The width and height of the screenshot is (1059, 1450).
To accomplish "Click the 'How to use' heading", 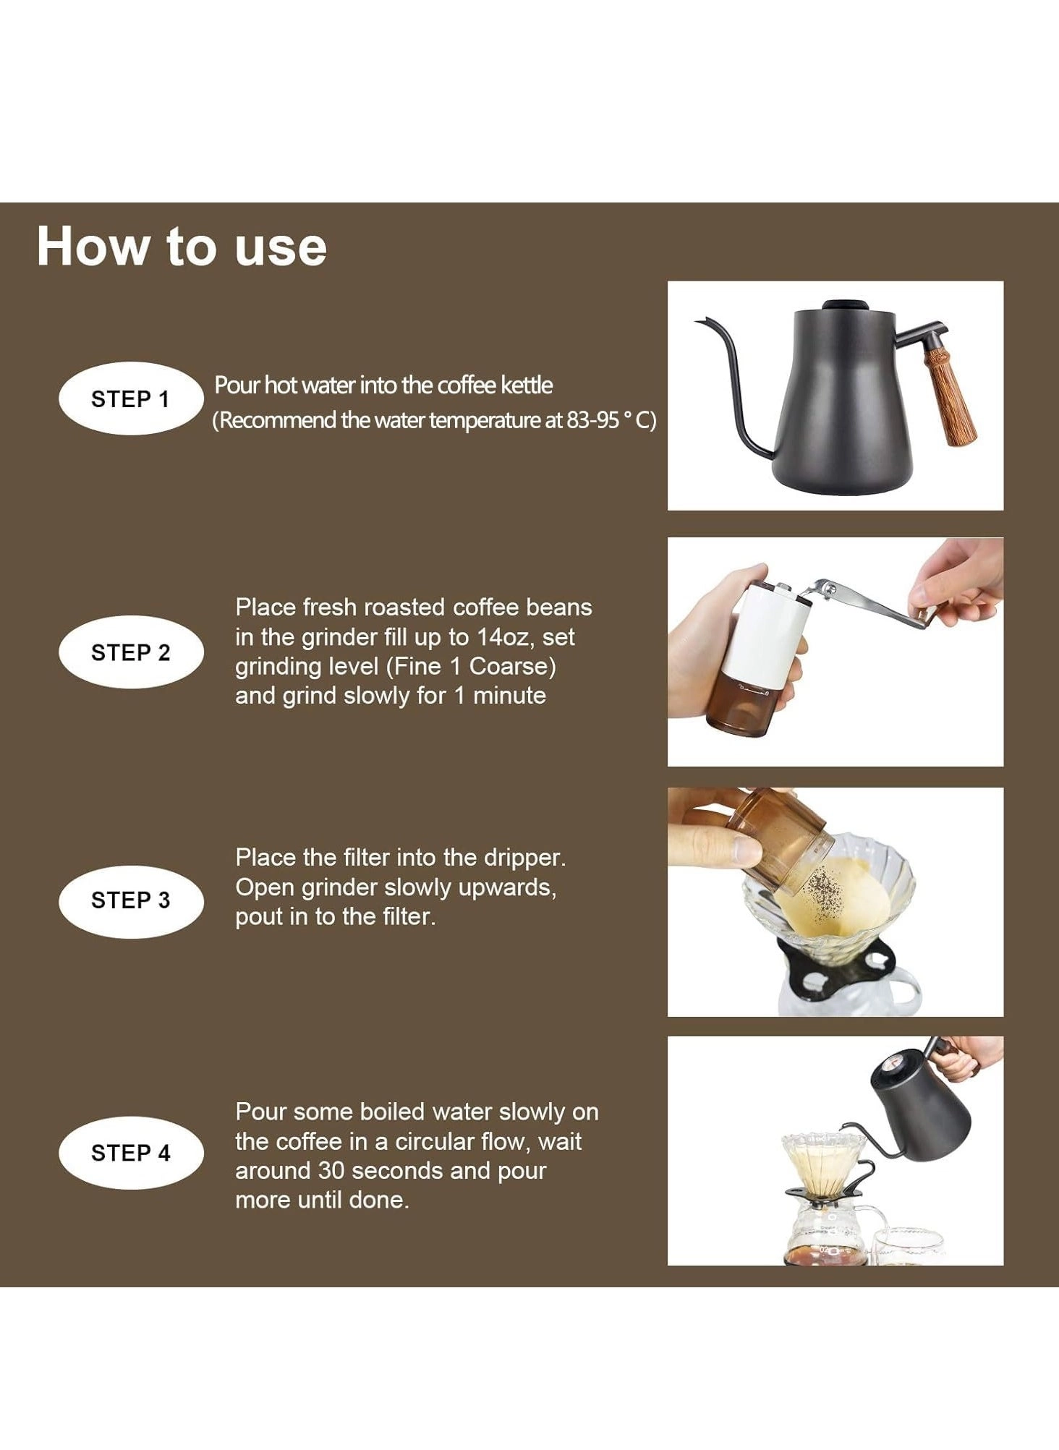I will click(x=181, y=247).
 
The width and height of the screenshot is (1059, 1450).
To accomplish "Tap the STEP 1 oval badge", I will click(x=130, y=398).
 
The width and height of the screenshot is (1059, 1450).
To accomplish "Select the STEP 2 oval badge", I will click(x=130, y=652).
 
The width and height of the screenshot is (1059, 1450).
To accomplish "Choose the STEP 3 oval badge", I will click(x=130, y=900).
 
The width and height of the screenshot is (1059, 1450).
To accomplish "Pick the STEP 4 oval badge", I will click(x=130, y=1153).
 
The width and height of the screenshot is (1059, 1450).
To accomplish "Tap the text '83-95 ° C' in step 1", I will click(x=612, y=420).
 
